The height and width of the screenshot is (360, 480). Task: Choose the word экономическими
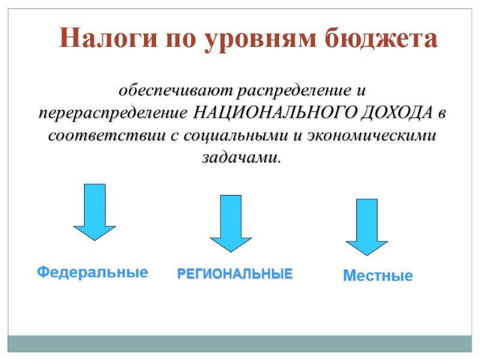pyautogui.click(x=371, y=136)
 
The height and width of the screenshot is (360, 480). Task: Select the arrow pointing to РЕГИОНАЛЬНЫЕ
pyautogui.click(x=230, y=222)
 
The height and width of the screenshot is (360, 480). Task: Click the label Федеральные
pyautogui.click(x=92, y=272)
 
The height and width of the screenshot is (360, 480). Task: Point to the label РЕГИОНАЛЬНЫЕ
pyautogui.click(x=235, y=274)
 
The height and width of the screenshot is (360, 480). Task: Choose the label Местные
pyautogui.click(x=378, y=276)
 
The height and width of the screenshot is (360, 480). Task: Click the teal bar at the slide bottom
pyautogui.click(x=240, y=344)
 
